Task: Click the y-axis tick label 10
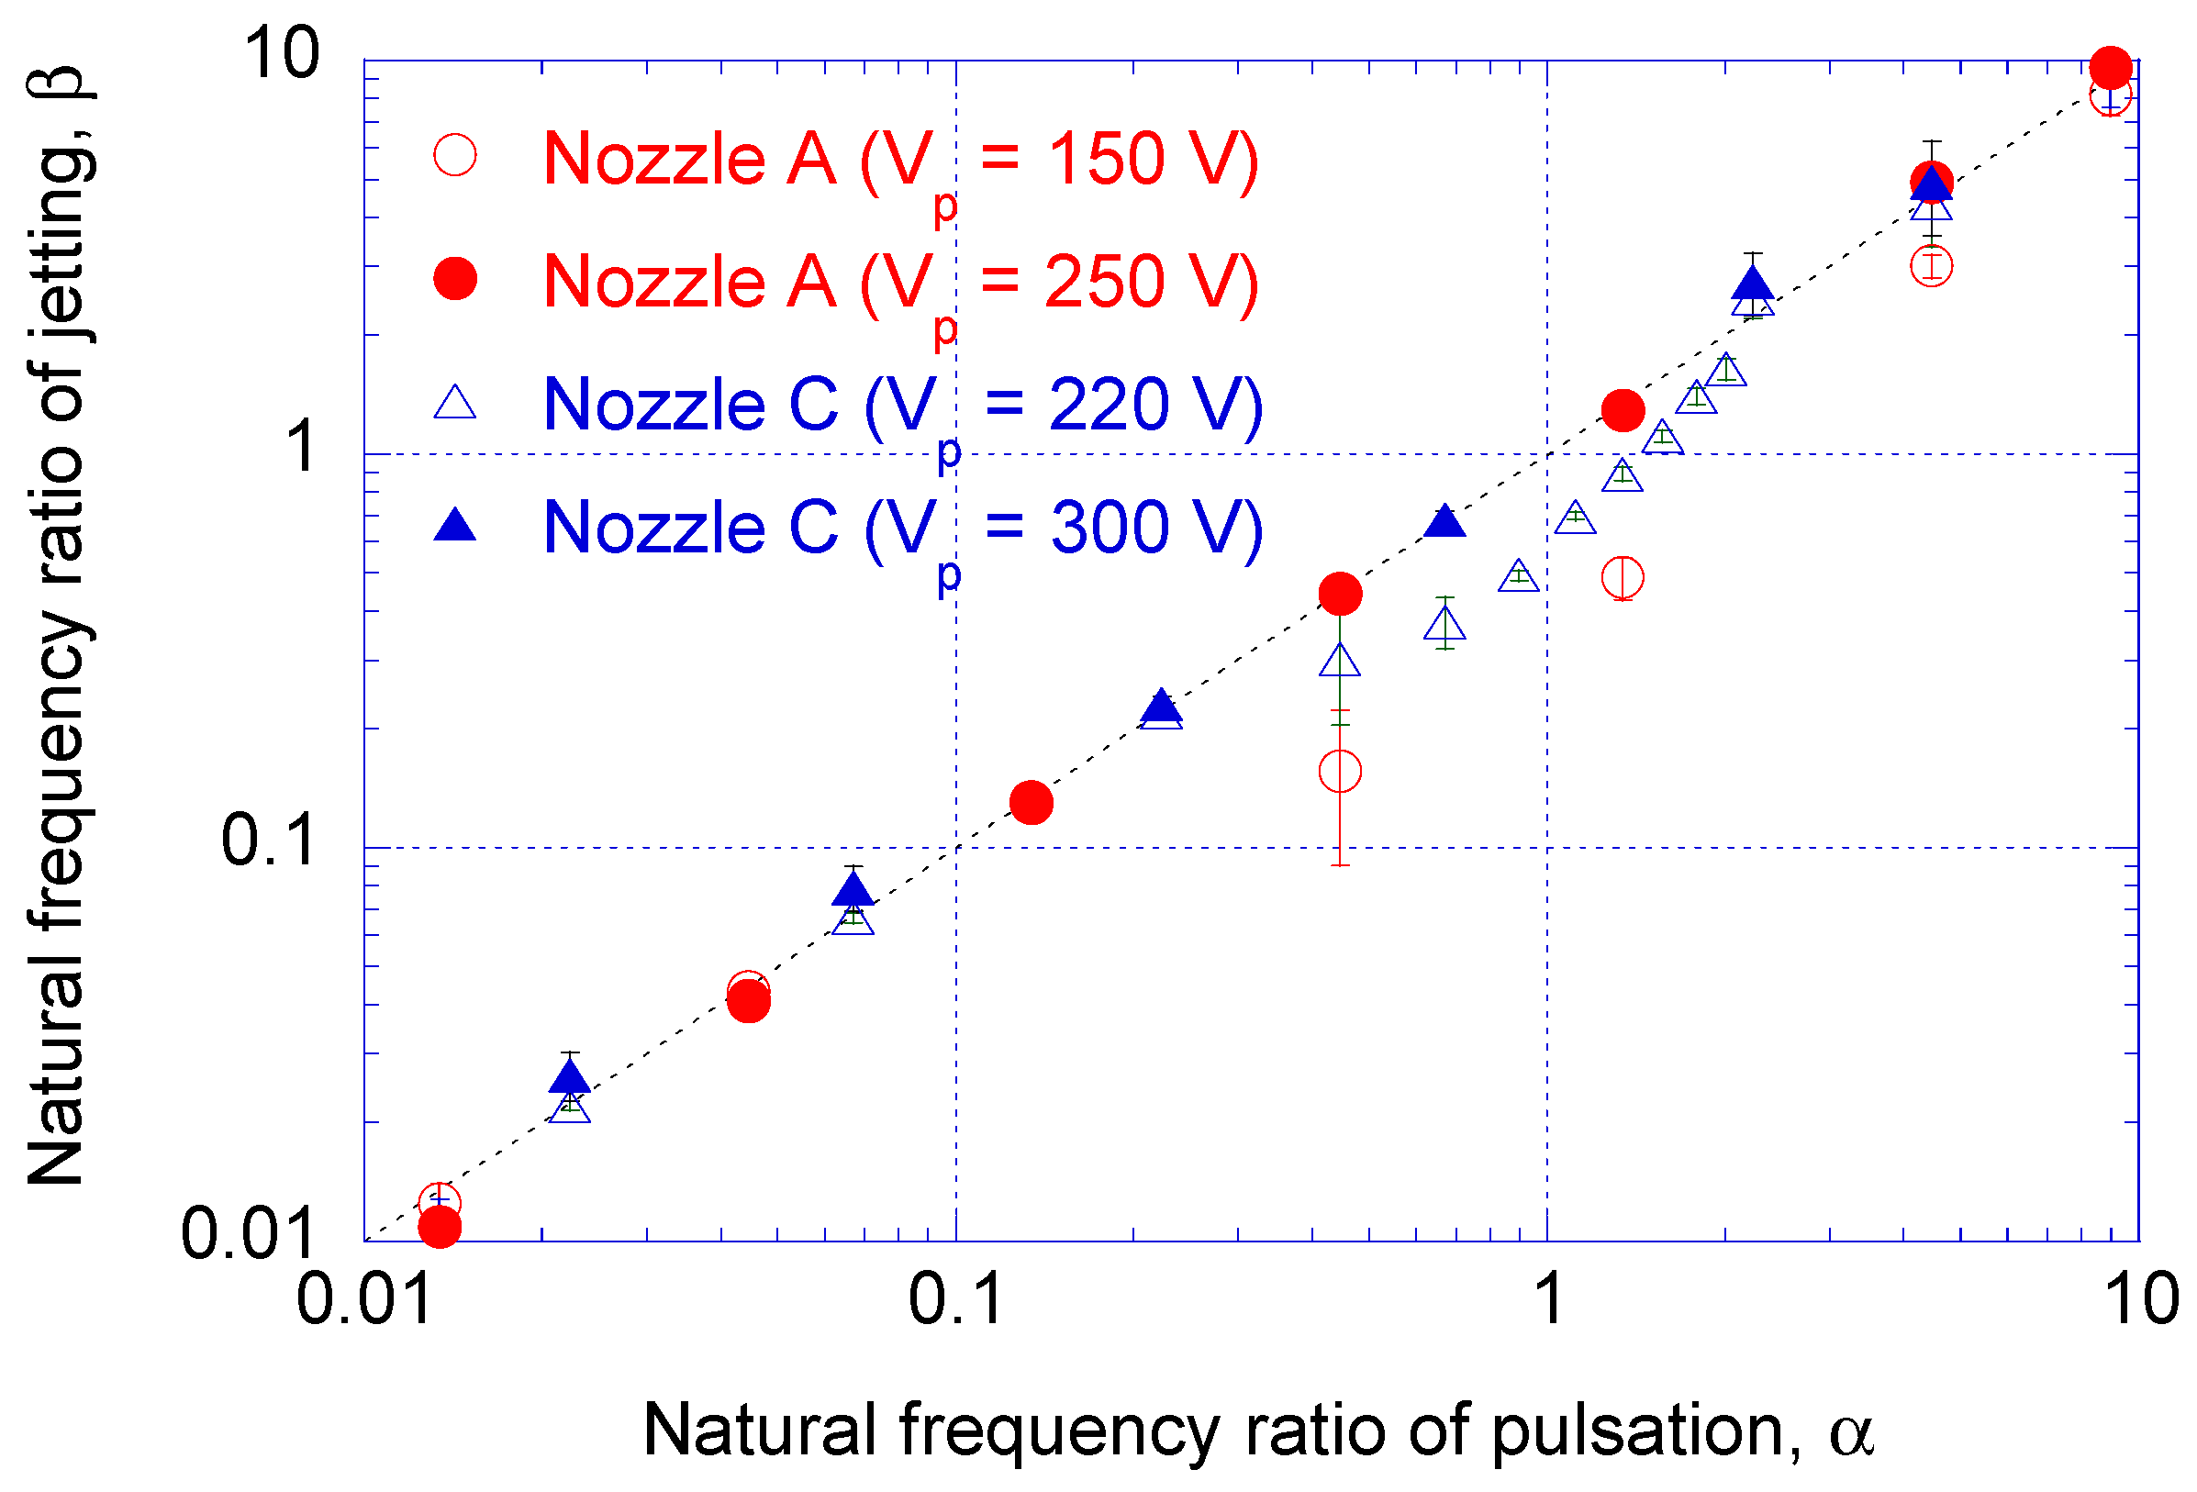282,53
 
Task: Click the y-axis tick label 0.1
268,841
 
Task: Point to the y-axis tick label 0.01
248,1235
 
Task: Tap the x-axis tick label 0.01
364,1300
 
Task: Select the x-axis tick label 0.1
955,1300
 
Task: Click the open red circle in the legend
454,155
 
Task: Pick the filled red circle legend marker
454,279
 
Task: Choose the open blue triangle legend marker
454,404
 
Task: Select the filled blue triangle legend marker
454,526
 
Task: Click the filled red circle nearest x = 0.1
1032,803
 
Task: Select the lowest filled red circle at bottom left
440,1227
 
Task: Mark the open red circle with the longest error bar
1340,772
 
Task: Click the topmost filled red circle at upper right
2111,67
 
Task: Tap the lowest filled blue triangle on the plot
569,1078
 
